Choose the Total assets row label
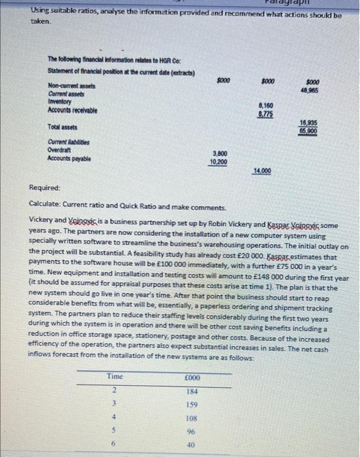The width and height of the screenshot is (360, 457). click(63, 125)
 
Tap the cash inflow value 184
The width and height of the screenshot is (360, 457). click(192, 391)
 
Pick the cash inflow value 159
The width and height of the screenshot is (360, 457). click(192, 404)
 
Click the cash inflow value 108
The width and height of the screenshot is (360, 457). click(192, 417)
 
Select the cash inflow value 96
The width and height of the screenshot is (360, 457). click(192, 431)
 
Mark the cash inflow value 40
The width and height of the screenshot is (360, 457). click(192, 445)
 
